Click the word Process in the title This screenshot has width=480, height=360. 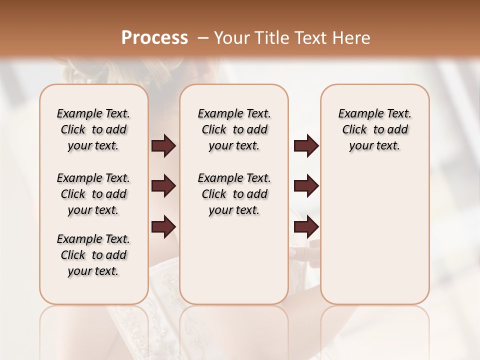pyautogui.click(x=154, y=38)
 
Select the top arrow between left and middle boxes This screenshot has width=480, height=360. pyautogui.click(x=163, y=146)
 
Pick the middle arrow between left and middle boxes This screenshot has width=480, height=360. pyautogui.click(x=163, y=186)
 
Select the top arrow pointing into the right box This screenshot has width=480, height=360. pyautogui.click(x=306, y=146)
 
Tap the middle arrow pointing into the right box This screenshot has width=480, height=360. pyautogui.click(x=306, y=186)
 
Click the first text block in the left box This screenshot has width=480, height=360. pyautogui.click(x=93, y=129)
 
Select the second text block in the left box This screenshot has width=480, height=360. pyautogui.click(x=93, y=194)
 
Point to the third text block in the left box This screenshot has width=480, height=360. pyautogui.click(x=93, y=255)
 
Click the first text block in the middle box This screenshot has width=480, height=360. pyautogui.click(x=234, y=129)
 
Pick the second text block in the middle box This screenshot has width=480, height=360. pyautogui.click(x=234, y=194)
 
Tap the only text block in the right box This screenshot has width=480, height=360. pyautogui.click(x=374, y=129)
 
